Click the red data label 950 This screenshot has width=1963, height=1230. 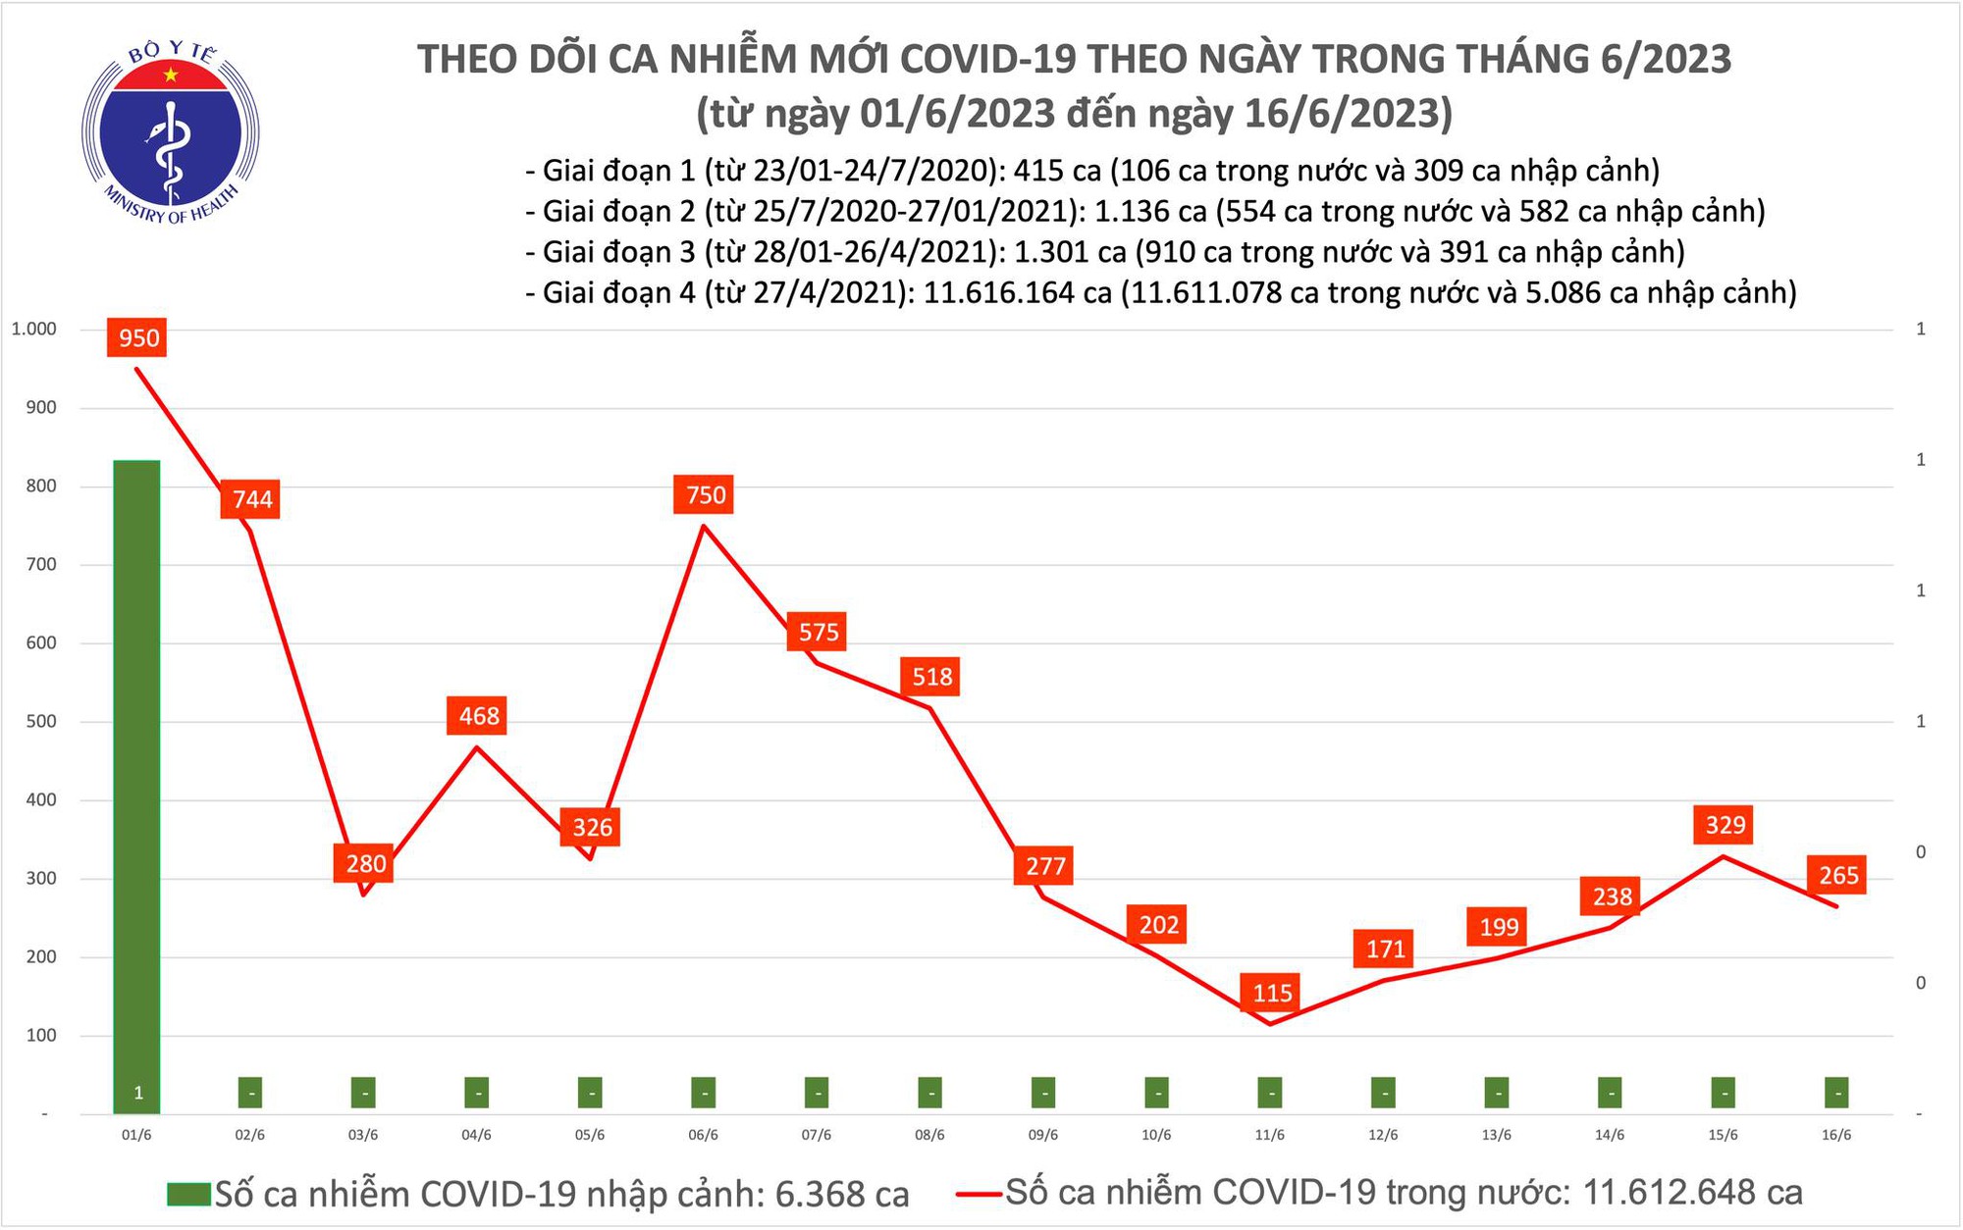[x=138, y=338]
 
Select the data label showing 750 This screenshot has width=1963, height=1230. [x=705, y=494]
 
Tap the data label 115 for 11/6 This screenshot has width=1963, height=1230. [x=1272, y=993]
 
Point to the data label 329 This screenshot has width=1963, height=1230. [x=1724, y=825]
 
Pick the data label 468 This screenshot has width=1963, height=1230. [x=479, y=716]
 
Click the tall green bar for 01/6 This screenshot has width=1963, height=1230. [x=137, y=785]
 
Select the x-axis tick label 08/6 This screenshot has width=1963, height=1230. [x=929, y=1135]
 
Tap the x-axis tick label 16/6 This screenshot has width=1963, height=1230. [x=1836, y=1135]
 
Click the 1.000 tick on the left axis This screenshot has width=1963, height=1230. [x=33, y=330]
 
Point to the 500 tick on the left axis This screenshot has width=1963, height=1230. [x=41, y=722]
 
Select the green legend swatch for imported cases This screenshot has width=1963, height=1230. [x=188, y=1194]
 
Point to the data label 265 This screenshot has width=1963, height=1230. [x=1838, y=875]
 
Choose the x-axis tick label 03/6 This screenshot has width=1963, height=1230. [x=363, y=1135]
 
